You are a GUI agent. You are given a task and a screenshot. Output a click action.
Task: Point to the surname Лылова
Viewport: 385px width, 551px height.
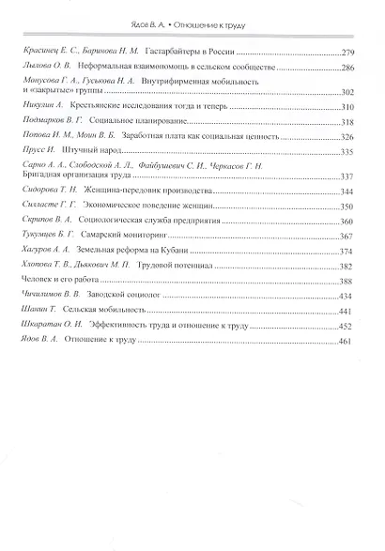click(35, 68)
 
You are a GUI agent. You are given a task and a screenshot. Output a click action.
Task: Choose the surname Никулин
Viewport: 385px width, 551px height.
click(37, 108)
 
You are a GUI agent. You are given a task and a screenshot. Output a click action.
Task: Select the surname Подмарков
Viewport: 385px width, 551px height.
click(41, 122)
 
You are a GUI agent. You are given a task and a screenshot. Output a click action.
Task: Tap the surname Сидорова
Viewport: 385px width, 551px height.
click(39, 191)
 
